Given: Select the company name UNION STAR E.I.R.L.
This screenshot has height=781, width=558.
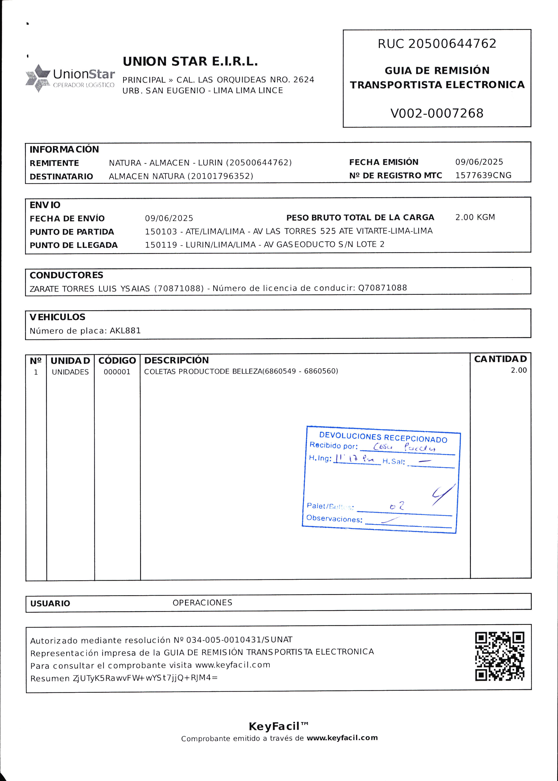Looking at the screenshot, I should pyautogui.click(x=190, y=61).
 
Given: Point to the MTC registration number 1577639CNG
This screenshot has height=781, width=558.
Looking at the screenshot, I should pyautogui.click(x=483, y=175).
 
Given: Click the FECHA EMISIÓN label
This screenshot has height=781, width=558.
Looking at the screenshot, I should pyautogui.click(x=383, y=162).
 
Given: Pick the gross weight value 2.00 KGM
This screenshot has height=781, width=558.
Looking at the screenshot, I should pyautogui.click(x=475, y=217).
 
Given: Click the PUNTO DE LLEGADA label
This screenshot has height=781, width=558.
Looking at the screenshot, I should pyautogui.click(x=74, y=245).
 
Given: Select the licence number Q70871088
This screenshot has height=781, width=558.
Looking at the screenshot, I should pyautogui.click(x=382, y=288).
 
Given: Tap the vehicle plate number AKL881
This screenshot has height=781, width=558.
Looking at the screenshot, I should pyautogui.click(x=125, y=331).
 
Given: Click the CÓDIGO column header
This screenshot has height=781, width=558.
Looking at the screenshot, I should pyautogui.click(x=117, y=360).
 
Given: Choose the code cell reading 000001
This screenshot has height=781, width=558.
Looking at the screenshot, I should pyautogui.click(x=117, y=372).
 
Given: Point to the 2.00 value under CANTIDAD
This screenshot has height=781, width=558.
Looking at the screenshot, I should pyautogui.click(x=518, y=370).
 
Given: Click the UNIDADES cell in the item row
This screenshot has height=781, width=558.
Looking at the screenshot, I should pyautogui.click(x=70, y=372).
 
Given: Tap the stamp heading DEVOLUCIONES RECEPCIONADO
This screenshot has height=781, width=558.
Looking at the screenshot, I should pyautogui.click(x=383, y=437).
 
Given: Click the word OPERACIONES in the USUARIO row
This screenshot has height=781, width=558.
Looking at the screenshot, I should pyautogui.click(x=202, y=603).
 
